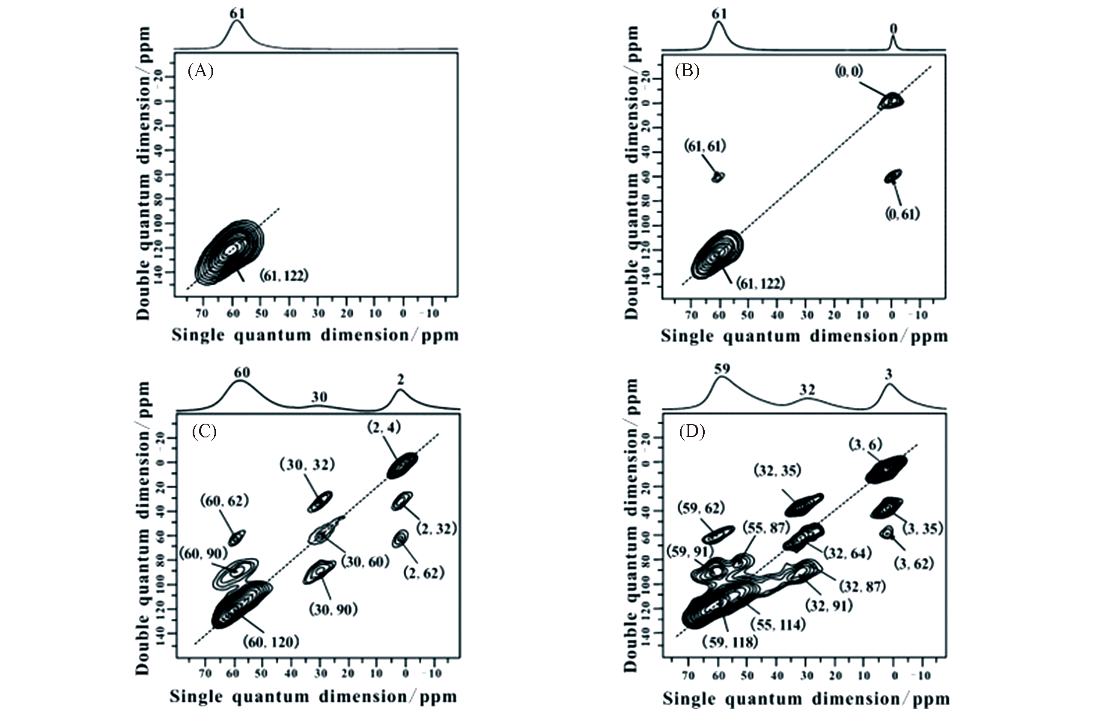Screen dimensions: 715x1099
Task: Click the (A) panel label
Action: click(x=200, y=71)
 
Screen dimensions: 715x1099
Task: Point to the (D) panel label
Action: click(x=692, y=432)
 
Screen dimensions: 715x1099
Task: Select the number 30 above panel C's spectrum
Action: click(x=319, y=397)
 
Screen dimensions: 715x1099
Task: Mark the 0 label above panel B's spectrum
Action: click(x=893, y=29)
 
